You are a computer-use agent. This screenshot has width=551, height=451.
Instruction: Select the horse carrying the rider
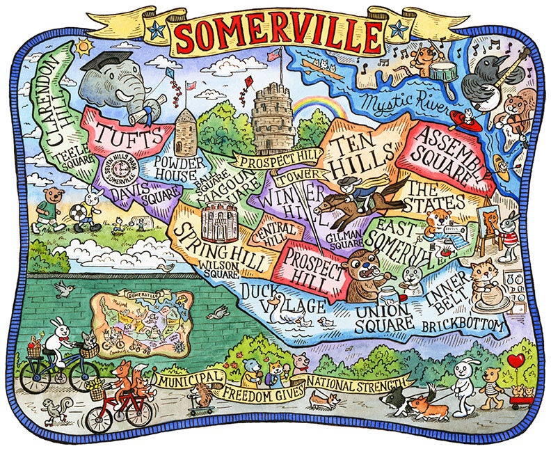[358, 198]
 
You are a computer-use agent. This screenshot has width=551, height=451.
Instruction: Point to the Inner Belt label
[442, 295]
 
